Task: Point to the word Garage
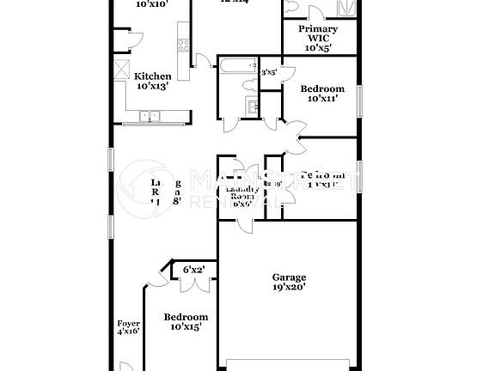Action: click(289, 277)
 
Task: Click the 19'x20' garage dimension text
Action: click(289, 288)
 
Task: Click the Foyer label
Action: click(128, 324)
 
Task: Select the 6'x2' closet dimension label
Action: click(193, 270)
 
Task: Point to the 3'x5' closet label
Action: click(269, 73)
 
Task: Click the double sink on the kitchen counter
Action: click(153, 115)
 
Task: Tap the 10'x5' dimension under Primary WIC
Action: click(318, 48)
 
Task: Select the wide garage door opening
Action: click(288, 360)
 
